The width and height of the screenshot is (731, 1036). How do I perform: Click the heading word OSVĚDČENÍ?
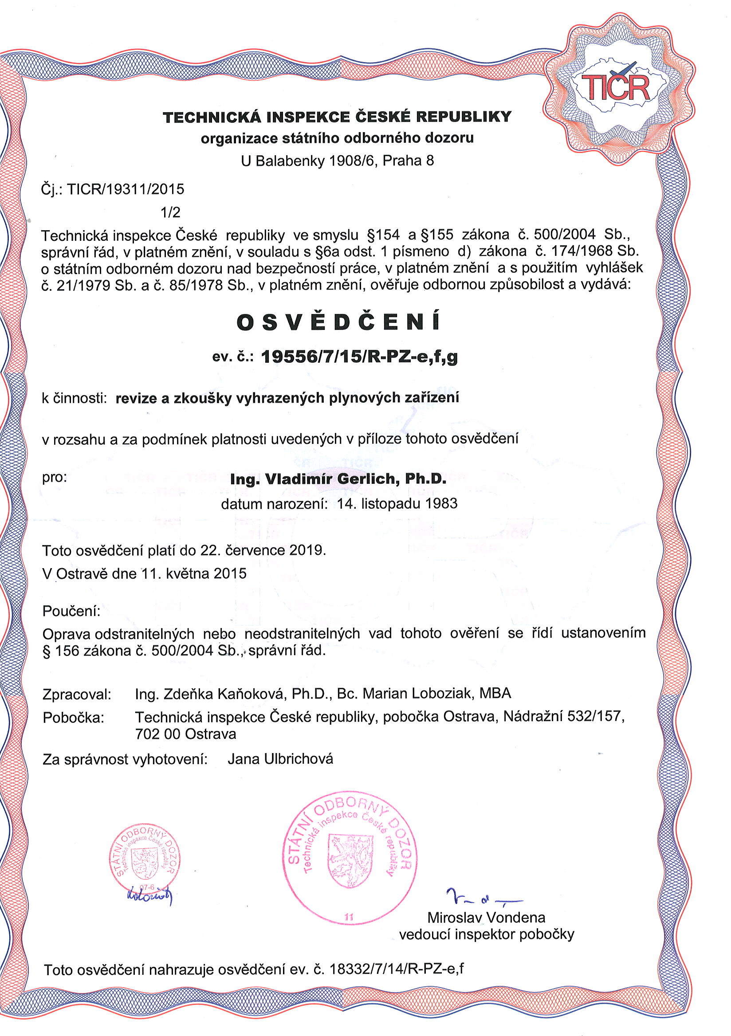pyautogui.click(x=338, y=322)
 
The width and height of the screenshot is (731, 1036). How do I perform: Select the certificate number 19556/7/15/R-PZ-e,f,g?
pyautogui.click(x=359, y=357)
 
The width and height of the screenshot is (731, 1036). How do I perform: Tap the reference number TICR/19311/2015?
pyautogui.click(x=126, y=189)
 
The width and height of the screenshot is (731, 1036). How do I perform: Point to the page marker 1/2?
pyautogui.click(x=171, y=212)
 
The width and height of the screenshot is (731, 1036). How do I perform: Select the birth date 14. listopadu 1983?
pyautogui.click(x=397, y=503)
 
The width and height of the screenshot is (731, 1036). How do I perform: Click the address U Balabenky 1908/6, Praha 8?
pyautogui.click(x=338, y=161)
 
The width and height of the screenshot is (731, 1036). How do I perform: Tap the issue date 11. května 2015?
pyautogui.click(x=194, y=573)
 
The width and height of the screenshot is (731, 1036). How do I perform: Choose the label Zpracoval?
pyautogui.click(x=77, y=694)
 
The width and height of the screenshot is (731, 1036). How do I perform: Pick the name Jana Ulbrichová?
pyautogui.click(x=280, y=759)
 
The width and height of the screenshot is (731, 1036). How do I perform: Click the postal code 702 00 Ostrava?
pyautogui.click(x=185, y=734)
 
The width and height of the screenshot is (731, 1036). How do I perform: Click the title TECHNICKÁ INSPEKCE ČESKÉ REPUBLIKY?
pyautogui.click(x=337, y=117)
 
